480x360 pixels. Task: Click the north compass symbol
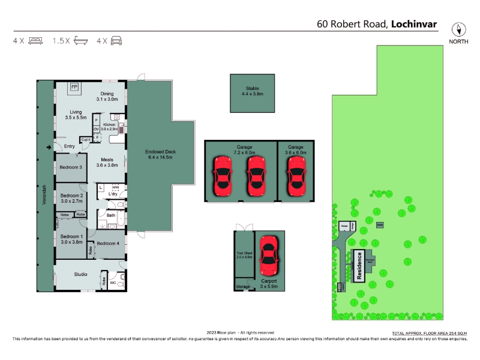(x=459, y=29)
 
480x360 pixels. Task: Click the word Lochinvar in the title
(x=414, y=25)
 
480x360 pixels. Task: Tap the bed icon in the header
(x=35, y=41)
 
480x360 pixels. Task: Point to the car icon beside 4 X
(x=116, y=41)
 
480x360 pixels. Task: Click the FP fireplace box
(x=74, y=88)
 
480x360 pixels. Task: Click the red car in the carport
(x=267, y=254)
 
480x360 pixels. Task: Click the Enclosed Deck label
(x=161, y=152)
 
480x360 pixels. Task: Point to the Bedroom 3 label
(x=71, y=167)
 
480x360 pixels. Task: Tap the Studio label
(x=80, y=274)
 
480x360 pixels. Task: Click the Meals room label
(x=107, y=160)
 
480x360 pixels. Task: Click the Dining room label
(x=107, y=94)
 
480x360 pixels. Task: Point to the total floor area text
(x=428, y=332)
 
